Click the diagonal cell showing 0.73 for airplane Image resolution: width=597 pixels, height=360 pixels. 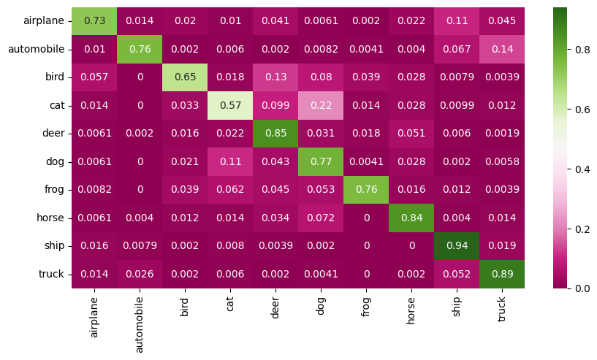94,21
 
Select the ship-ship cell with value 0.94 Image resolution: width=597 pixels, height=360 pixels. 457,246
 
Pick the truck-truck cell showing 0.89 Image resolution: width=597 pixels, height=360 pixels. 502,274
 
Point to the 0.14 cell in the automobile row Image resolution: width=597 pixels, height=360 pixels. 502,50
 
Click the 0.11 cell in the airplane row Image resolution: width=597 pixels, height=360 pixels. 457,21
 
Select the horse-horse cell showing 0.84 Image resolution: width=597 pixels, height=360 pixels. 411,218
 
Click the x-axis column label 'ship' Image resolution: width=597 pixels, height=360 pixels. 457,303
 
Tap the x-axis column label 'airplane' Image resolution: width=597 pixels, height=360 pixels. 94,313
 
